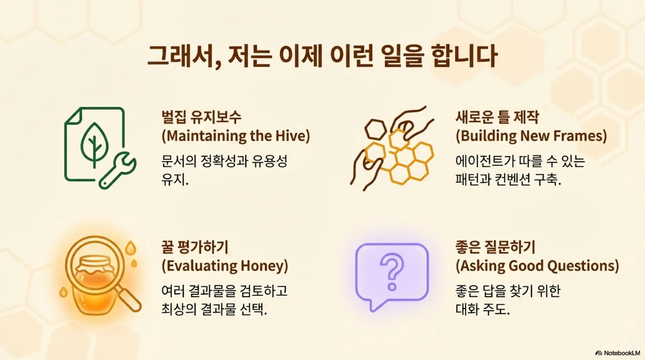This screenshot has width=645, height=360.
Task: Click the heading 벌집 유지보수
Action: click(201, 117)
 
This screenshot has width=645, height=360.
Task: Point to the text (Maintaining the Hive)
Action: click(235, 136)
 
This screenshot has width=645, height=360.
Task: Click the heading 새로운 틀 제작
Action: click(497, 117)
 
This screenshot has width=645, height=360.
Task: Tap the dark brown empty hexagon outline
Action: click(376, 129)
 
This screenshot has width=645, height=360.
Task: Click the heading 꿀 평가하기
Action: click(195, 247)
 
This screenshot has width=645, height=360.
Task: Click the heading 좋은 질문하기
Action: click(495, 247)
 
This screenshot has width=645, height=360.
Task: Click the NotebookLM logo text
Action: click(621, 353)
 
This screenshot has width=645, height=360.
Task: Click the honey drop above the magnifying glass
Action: click(131, 248)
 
